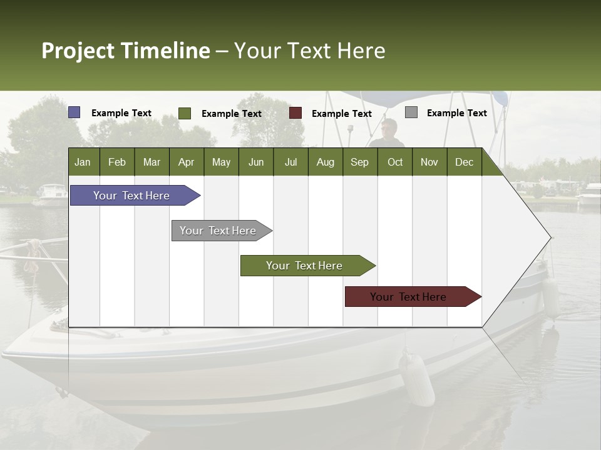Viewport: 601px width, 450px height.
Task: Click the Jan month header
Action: [83, 162]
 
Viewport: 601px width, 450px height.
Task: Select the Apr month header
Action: [186, 162]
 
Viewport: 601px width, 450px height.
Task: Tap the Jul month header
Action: [290, 162]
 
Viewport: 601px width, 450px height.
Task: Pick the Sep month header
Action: [359, 162]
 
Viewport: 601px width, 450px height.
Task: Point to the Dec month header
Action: [464, 162]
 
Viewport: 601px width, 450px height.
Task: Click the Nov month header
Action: [429, 162]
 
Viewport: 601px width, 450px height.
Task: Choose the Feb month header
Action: [117, 162]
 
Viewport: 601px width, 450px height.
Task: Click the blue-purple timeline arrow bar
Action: [131, 196]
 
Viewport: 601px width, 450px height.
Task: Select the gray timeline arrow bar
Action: [218, 231]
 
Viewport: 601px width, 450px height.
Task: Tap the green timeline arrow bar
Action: [304, 266]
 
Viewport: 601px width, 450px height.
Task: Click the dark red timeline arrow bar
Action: [408, 297]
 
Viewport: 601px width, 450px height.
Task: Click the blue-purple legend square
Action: [74, 112]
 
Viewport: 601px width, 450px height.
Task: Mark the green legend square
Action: [185, 113]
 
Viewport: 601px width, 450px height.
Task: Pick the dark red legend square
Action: [295, 113]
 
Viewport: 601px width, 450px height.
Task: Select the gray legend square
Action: [411, 112]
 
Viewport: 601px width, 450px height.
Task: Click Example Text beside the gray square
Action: [456, 113]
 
